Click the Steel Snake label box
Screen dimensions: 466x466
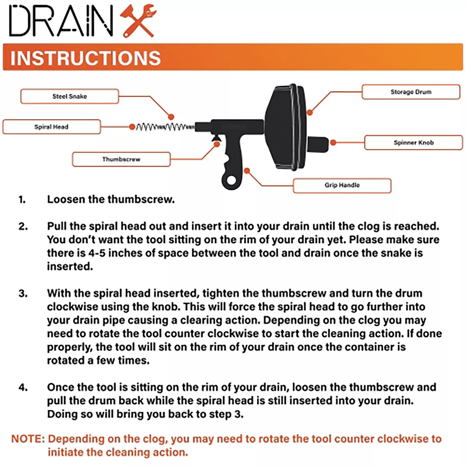(x=70, y=96)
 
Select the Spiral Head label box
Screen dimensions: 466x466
(x=51, y=127)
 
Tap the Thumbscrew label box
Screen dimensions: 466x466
(x=121, y=159)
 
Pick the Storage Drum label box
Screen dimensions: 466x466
(x=411, y=92)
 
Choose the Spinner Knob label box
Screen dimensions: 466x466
(x=413, y=143)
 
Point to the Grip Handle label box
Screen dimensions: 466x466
(x=342, y=185)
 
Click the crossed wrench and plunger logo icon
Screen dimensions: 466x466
(x=137, y=21)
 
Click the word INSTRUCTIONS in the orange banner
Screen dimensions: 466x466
(x=85, y=58)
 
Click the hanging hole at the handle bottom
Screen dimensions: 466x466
(x=232, y=180)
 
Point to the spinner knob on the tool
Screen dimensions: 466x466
(x=318, y=143)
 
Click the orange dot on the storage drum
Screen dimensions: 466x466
(x=310, y=113)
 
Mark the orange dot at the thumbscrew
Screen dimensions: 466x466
(x=217, y=144)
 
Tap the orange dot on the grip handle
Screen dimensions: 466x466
(x=247, y=171)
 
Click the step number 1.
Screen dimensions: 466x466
(x=22, y=200)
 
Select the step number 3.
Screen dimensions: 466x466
(x=23, y=293)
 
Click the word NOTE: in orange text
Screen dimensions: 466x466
(x=28, y=439)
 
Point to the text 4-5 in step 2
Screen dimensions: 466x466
(x=97, y=253)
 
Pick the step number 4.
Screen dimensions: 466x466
(x=23, y=387)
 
